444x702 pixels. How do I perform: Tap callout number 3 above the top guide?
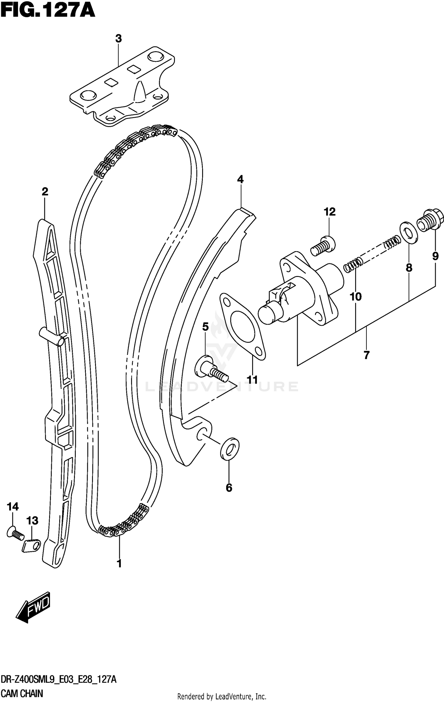click(118, 38)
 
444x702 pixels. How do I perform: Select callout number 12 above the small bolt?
click(329, 212)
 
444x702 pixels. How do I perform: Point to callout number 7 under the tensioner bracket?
click(366, 355)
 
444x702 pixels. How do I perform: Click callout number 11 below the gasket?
click(252, 379)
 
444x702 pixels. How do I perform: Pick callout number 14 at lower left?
click(13, 506)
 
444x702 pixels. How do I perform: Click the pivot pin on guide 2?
click(52, 336)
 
